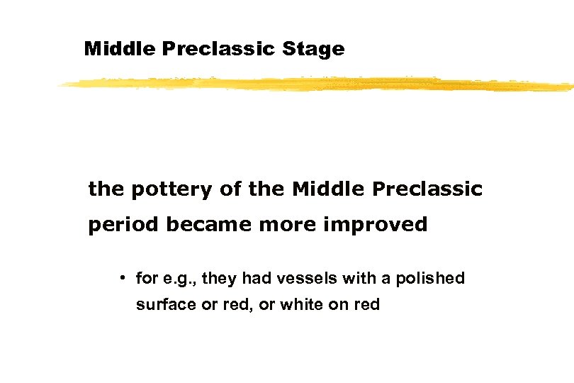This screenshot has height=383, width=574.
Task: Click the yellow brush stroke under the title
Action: (315, 84)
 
